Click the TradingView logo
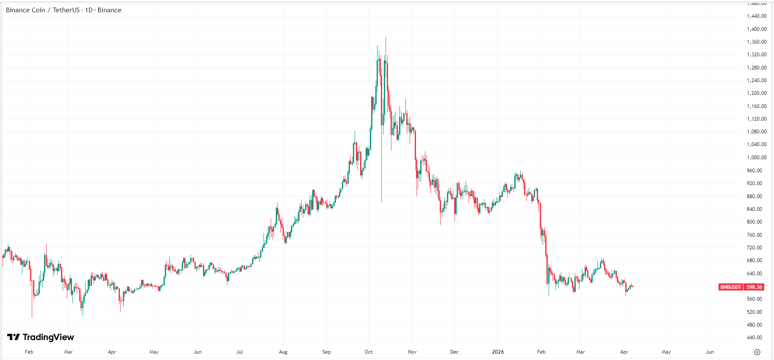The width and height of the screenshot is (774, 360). [x=41, y=337]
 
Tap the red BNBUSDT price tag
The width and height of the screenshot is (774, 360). [x=731, y=287]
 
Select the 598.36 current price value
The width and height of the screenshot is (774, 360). [x=754, y=287]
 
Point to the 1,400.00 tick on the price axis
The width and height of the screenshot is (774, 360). [x=756, y=29]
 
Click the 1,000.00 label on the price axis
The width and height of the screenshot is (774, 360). [x=756, y=158]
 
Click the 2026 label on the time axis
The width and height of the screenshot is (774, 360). [x=498, y=352]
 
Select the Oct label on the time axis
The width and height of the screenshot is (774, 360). [x=369, y=352]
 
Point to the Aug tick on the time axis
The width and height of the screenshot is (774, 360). [x=283, y=352]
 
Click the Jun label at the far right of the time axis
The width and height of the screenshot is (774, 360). [x=710, y=352]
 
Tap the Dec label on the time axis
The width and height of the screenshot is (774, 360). [x=454, y=352]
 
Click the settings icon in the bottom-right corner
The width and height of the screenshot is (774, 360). [x=757, y=352]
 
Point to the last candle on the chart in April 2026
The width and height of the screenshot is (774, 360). [x=632, y=287]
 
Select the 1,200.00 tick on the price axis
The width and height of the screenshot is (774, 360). [x=756, y=93]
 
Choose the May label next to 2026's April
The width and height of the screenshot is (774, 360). [x=666, y=352]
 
